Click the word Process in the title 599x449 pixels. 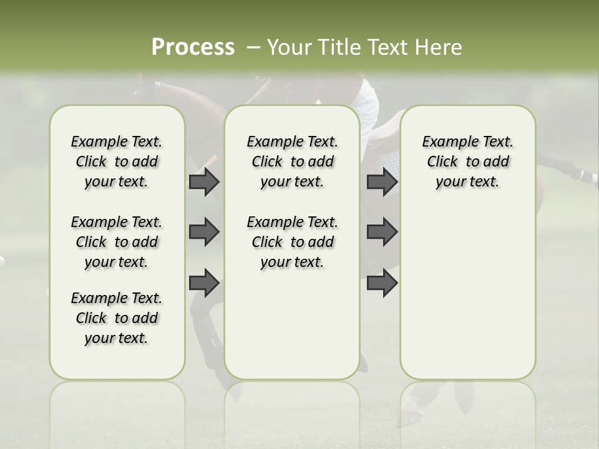(x=193, y=47)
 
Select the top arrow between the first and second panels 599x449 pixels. (x=204, y=181)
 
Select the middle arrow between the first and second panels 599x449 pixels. (x=204, y=232)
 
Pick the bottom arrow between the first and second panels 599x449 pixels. (x=204, y=282)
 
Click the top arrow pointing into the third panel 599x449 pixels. (x=382, y=181)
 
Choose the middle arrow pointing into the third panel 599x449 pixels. (x=382, y=232)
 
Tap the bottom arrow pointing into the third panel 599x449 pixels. (x=382, y=282)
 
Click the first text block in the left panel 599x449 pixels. (x=117, y=162)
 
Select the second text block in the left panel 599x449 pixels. (x=117, y=242)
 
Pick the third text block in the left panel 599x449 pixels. (x=117, y=318)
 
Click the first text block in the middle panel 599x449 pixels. (x=292, y=162)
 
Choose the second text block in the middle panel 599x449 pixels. (x=292, y=242)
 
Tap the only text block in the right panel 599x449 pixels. (x=467, y=162)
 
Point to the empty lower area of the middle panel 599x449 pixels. (x=292, y=324)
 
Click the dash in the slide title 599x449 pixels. (x=253, y=47)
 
